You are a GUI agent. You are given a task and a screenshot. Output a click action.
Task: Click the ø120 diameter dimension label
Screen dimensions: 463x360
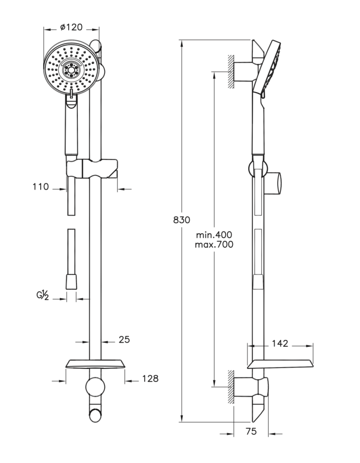coord(71,28)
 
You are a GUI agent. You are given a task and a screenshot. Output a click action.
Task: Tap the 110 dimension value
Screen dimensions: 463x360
coord(40,187)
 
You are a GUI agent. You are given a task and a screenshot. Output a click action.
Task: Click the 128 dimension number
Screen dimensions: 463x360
coord(150,378)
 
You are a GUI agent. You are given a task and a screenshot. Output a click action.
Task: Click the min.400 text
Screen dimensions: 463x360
coord(214,235)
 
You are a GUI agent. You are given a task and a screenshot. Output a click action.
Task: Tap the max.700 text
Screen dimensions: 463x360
coord(214,245)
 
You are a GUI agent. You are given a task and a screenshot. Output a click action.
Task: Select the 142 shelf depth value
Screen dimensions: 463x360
coord(280,344)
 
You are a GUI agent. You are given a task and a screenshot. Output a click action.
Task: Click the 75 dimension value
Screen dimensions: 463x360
coord(251,431)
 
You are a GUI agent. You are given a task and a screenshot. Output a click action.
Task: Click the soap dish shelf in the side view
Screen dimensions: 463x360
coord(280,364)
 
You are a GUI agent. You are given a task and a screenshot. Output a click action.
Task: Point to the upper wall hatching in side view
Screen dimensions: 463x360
coord(231,71)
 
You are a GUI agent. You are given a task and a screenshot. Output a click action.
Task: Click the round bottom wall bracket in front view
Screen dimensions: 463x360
coord(95,387)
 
